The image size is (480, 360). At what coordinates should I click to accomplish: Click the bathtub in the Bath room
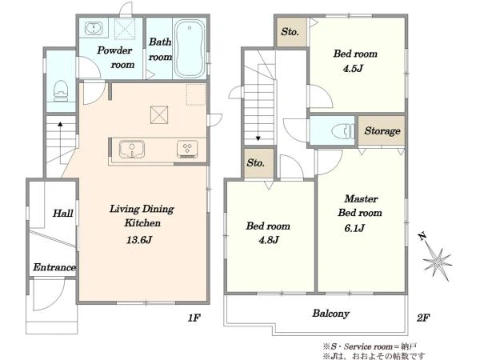tap(190, 48)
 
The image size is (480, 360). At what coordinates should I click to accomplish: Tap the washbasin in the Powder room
tap(93, 29)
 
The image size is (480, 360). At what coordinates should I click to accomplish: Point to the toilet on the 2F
tap(343, 131)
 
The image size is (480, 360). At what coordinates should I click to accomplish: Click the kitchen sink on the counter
tap(132, 149)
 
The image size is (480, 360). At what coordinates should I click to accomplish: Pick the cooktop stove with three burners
tap(187, 149)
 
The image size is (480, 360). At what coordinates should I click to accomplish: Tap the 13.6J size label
tap(139, 240)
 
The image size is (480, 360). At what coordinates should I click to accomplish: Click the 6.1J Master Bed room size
tap(354, 228)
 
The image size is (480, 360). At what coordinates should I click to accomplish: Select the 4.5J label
tap(353, 68)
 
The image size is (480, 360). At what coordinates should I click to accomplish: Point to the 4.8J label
tap(269, 240)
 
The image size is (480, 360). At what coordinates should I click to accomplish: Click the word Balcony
tap(330, 314)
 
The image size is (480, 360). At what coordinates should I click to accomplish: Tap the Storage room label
tap(382, 131)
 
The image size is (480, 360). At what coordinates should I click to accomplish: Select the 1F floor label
tap(194, 318)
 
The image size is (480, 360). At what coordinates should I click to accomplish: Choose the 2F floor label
tap(423, 318)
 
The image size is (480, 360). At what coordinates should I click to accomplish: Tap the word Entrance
tap(54, 267)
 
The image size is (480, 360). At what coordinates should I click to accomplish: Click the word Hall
tap(62, 213)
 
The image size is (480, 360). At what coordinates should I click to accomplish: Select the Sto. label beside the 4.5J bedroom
tap(290, 31)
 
